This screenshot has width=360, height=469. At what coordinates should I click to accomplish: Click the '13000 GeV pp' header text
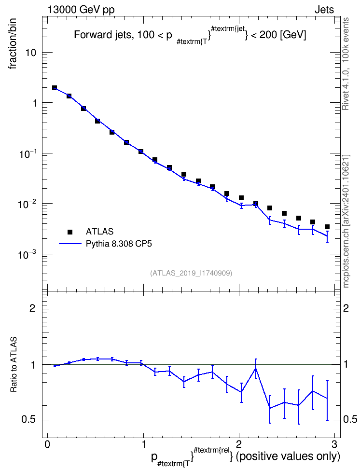point(81,10)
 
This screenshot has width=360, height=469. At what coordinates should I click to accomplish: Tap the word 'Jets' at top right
point(324,10)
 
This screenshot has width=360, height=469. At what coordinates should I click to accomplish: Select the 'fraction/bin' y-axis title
point(12,44)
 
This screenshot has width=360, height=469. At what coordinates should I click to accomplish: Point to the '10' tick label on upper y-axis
point(30,53)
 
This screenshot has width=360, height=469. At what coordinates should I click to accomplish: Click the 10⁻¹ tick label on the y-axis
point(27,153)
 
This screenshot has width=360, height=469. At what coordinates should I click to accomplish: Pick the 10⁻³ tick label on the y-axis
point(27,254)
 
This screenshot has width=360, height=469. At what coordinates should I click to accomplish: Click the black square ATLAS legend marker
point(70,232)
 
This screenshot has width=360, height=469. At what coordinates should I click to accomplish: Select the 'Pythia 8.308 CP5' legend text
point(119,244)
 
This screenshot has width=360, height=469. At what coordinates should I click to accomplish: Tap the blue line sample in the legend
point(70,244)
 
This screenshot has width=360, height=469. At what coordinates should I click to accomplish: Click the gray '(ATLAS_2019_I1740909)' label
point(191,273)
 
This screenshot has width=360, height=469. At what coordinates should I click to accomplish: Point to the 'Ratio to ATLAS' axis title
point(14,365)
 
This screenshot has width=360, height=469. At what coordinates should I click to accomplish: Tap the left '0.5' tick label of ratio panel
point(28,420)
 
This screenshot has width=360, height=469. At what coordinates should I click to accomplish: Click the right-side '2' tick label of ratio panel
point(346,308)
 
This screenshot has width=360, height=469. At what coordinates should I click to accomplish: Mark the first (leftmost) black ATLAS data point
point(55,88)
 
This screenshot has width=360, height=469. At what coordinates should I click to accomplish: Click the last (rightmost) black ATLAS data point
point(327,227)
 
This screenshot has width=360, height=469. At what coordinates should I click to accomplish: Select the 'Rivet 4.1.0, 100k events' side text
point(346,64)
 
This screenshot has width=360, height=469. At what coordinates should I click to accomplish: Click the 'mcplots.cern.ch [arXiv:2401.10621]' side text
point(346,221)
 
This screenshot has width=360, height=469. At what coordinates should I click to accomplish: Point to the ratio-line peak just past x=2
point(256,368)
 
